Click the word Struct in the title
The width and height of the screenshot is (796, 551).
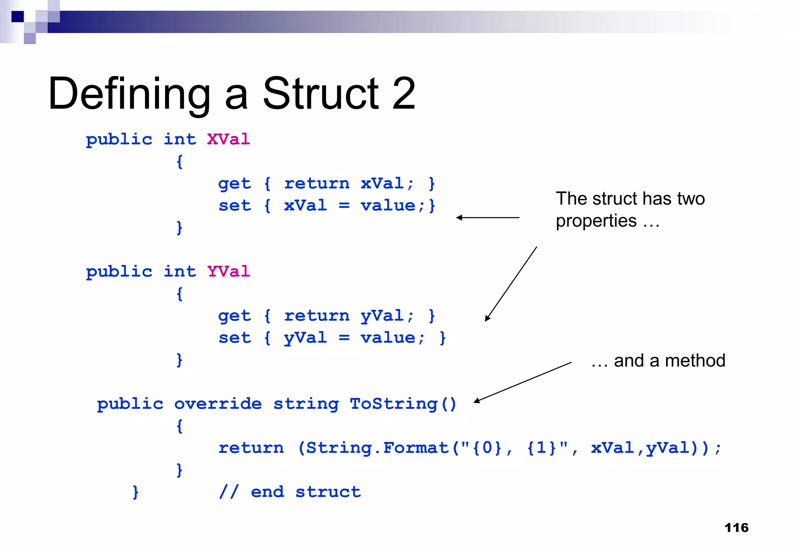click(321, 94)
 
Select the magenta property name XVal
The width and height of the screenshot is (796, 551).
click(228, 139)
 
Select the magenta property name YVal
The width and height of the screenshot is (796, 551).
click(228, 271)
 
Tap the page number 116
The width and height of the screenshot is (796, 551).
click(736, 528)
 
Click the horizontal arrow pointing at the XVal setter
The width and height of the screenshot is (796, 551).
click(488, 218)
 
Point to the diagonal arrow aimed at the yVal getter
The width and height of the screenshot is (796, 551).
click(511, 284)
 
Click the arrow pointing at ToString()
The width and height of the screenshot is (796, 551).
click(522, 382)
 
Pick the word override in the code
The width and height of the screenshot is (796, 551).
click(218, 404)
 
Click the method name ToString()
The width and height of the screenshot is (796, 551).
click(403, 404)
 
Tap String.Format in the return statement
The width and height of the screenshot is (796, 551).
click(377, 448)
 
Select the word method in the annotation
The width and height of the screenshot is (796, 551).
click(695, 361)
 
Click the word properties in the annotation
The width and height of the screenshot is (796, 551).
click(596, 221)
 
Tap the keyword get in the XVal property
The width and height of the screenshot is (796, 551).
click(234, 184)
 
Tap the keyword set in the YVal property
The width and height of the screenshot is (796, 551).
click(234, 338)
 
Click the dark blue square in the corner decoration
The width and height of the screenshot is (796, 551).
click(17, 17)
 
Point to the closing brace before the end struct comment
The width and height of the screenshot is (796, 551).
click(135, 492)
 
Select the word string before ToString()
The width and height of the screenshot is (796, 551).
click(305, 404)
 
